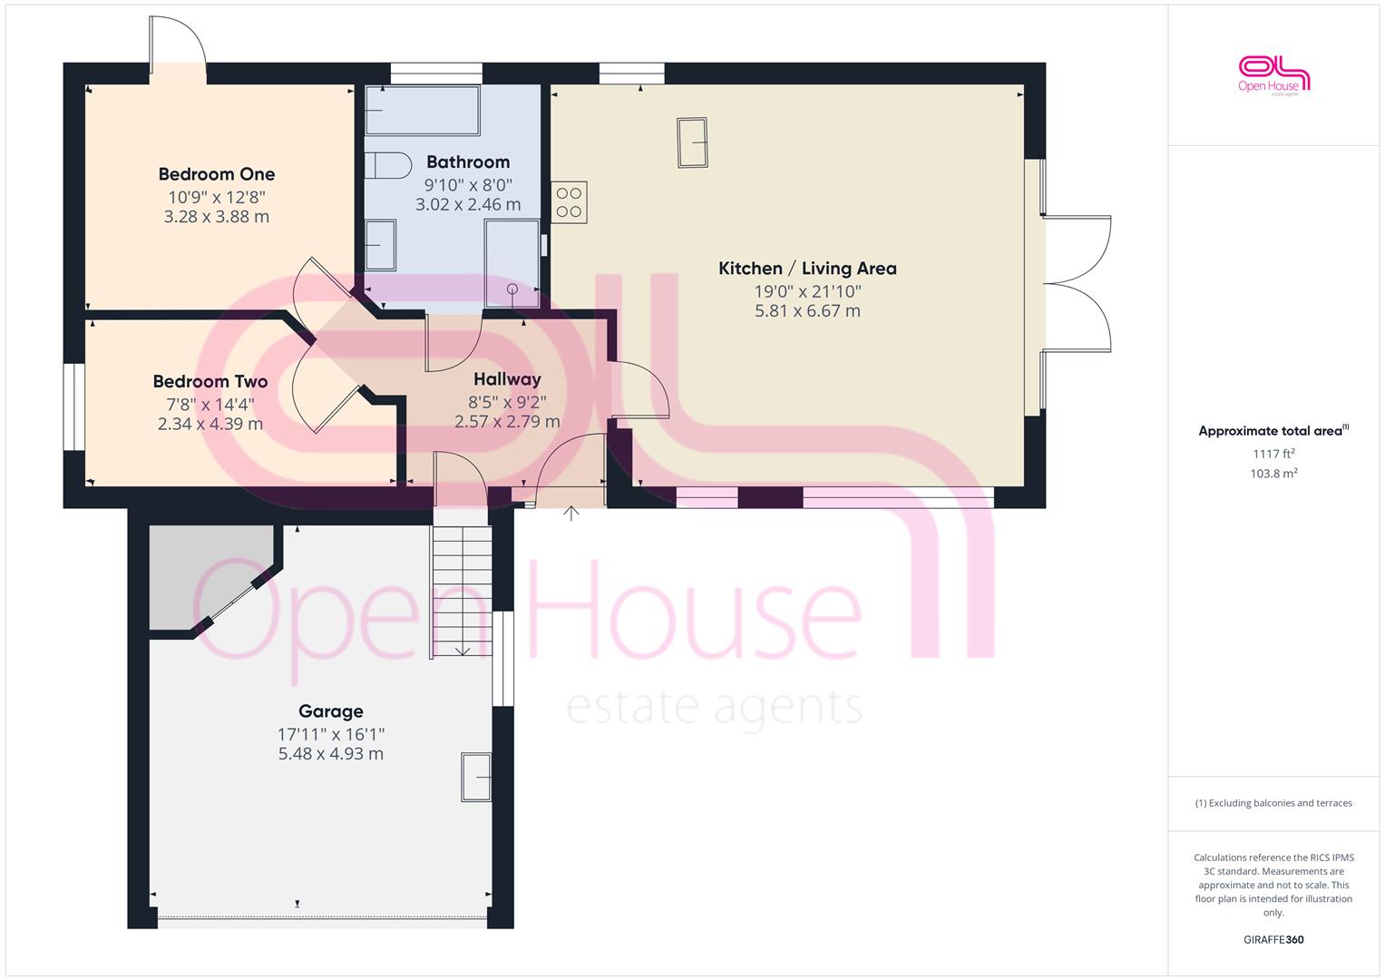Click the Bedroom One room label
coord(217,174)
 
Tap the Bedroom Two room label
coord(210,381)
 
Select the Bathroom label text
coord(468,162)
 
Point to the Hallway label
coord(507,378)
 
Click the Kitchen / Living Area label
coord(807,269)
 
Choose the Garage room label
coord(331,711)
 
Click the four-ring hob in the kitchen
coord(569,202)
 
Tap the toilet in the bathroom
coord(388,166)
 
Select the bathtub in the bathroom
coord(423,110)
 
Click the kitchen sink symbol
coord(693,142)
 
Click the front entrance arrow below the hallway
coord(571,514)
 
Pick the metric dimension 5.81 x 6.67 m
coord(807,310)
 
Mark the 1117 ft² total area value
coord(1273,454)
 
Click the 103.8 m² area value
coord(1273,474)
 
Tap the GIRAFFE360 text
coord(1273,939)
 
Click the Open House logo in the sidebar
coord(1273,75)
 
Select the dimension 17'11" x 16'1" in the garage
coord(331,734)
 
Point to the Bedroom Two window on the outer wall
coord(74,407)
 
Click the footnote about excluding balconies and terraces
coord(1273,803)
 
